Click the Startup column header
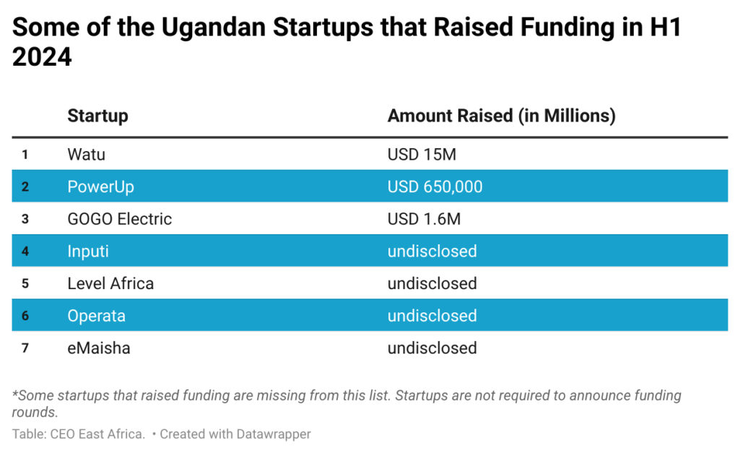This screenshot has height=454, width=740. point(97,116)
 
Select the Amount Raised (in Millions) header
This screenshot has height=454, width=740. point(501,116)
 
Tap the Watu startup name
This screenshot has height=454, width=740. point(86,154)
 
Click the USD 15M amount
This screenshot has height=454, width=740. point(422,154)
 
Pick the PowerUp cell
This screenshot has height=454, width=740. point(100,187)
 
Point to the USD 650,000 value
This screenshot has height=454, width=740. point(435,187)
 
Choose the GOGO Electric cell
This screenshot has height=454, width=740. point(119,219)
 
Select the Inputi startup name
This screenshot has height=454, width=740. point(88,251)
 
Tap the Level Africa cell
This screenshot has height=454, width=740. point(110,283)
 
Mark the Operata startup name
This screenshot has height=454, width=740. point(96,316)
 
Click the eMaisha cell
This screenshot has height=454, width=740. point(99,348)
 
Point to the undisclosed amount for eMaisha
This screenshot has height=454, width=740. point(432,348)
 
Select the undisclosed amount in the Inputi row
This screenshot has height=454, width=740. point(432,251)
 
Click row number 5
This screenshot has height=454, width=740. point(25,283)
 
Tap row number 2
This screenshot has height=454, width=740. point(25,187)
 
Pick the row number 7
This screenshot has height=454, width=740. point(25,348)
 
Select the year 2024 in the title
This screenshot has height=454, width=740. point(42,56)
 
